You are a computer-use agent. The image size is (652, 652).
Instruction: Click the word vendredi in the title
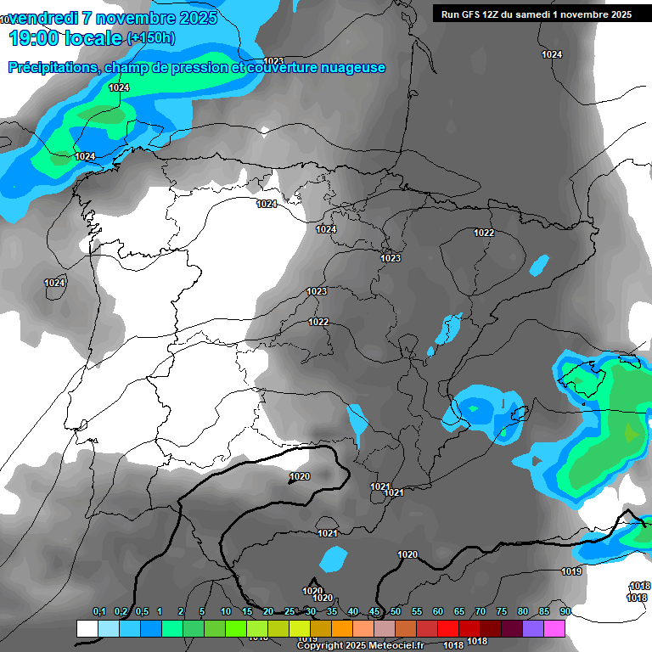(43, 18)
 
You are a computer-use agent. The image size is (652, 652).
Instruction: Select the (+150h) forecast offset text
(151, 38)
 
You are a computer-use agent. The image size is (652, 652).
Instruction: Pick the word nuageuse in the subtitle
(350, 67)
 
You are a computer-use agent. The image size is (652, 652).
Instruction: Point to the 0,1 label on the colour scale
(99, 612)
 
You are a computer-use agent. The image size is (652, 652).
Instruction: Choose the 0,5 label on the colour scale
(141, 612)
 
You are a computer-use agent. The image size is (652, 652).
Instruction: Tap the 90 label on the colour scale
(565, 612)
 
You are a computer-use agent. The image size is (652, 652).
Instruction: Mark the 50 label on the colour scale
(396, 612)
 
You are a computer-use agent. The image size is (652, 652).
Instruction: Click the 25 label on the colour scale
(289, 612)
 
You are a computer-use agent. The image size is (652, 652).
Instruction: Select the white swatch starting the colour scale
(87, 628)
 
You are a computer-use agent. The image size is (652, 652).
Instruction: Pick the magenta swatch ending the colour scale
(554, 628)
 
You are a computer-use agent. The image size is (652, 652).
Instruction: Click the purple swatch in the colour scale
(533, 628)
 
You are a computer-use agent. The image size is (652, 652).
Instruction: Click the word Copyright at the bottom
(323, 646)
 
